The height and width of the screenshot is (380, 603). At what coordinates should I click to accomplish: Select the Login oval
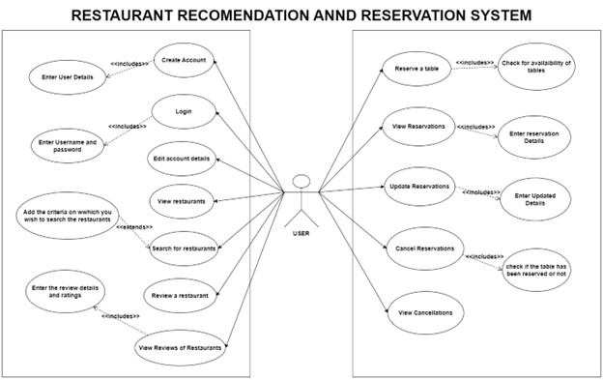pos(183,111)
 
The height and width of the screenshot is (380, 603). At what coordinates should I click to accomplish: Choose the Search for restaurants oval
pos(183,248)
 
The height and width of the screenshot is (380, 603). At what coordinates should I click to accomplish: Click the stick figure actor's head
pos(301,182)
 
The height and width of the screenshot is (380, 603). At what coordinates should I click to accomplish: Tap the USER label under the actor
pos(301,232)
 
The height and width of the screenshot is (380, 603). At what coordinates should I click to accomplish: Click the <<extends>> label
pos(134,226)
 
